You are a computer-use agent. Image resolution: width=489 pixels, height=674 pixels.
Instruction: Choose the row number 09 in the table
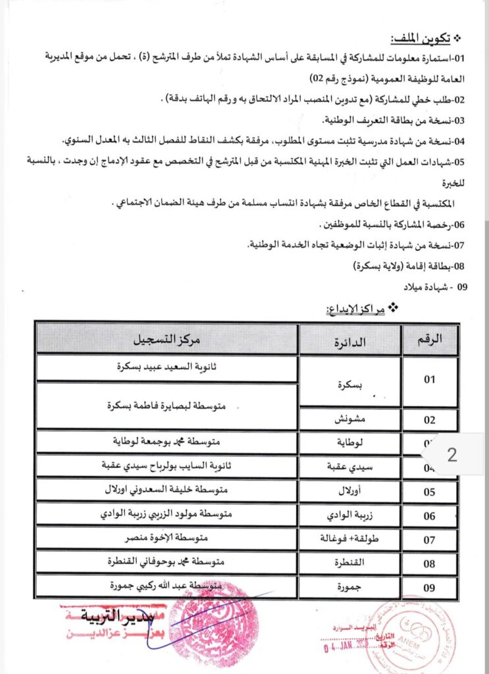point(430,587)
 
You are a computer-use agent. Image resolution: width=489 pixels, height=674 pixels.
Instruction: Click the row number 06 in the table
point(430,516)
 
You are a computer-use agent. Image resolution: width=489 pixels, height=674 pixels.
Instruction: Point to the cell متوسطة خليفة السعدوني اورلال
point(167,490)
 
